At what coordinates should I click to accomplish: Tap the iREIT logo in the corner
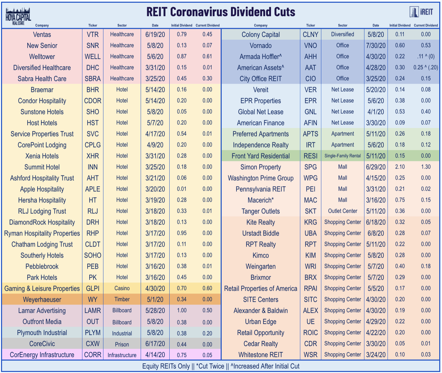pyautogui.click(x=421, y=12)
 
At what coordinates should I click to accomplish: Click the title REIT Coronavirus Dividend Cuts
pyautogui.click(x=221, y=12)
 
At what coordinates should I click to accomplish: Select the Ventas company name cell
pyautogui.click(x=42, y=35)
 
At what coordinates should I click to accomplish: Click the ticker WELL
pyautogui.click(x=93, y=57)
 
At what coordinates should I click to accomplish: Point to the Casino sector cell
pyautogui.click(x=122, y=288)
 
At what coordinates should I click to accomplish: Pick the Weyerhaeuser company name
pyautogui.click(x=42, y=299)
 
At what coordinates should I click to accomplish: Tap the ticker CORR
pyautogui.click(x=93, y=355)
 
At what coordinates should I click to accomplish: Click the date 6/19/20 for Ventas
pyautogui.click(x=155, y=35)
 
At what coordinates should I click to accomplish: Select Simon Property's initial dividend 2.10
pyautogui.click(x=400, y=167)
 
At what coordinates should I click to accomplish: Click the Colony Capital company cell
pyautogui.click(x=261, y=35)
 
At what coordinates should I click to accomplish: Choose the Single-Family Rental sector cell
pyautogui.click(x=343, y=156)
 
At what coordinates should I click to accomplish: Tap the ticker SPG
pyautogui.click(x=311, y=167)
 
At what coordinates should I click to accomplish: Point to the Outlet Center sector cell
pyautogui.click(x=343, y=211)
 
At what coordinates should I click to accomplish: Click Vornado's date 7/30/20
pyautogui.click(x=376, y=46)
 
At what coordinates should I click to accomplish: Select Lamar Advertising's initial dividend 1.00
pyautogui.click(x=182, y=310)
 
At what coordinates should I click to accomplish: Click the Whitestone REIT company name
pyautogui.click(x=261, y=355)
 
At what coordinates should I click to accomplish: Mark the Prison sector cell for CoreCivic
pyautogui.click(x=122, y=344)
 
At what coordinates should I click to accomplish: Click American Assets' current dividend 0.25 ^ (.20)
pyautogui.click(x=426, y=68)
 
